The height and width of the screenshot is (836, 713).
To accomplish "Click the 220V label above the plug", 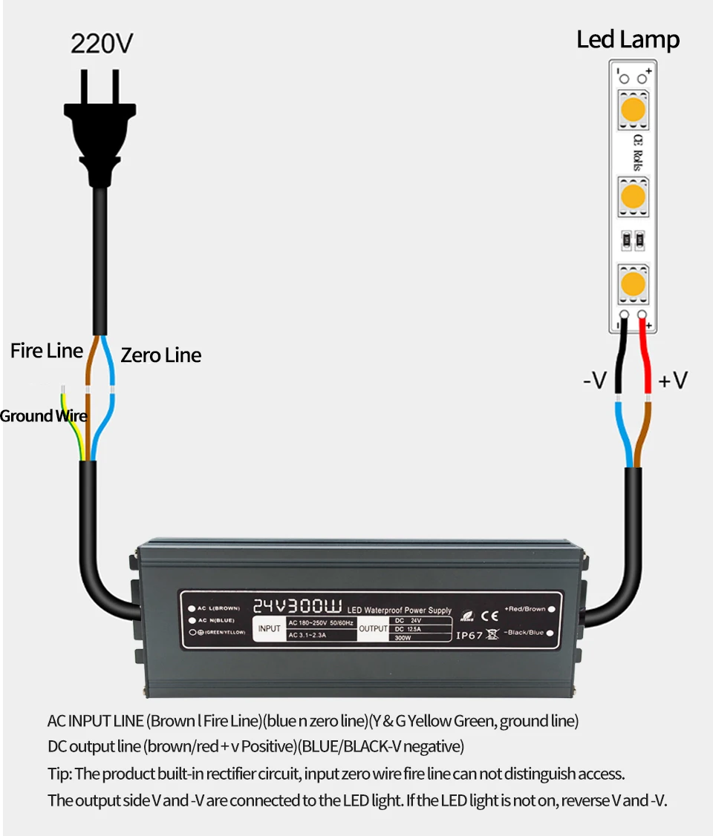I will [x=102, y=44].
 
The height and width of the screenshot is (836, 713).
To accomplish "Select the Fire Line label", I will [x=46, y=351].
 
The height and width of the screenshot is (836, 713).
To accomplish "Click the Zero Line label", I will [x=161, y=355].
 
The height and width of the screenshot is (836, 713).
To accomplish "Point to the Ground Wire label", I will [x=43, y=416].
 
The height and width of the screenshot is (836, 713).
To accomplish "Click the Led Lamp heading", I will [x=628, y=40].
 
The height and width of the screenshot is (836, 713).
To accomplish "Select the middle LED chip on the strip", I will [x=632, y=197].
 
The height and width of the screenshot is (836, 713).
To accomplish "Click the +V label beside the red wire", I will [x=673, y=381].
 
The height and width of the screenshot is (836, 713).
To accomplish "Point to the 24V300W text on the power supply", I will [x=297, y=605].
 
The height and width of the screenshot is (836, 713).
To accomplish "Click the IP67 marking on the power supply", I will [x=469, y=635].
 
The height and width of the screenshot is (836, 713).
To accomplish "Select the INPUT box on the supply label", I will [x=269, y=629].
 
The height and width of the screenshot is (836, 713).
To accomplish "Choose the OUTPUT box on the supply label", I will [x=374, y=629].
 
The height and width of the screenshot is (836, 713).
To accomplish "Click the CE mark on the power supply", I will [x=490, y=614].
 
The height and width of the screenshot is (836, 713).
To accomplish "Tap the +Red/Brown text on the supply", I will [x=524, y=609].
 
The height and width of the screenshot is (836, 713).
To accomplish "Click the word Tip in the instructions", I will [x=59, y=774].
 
